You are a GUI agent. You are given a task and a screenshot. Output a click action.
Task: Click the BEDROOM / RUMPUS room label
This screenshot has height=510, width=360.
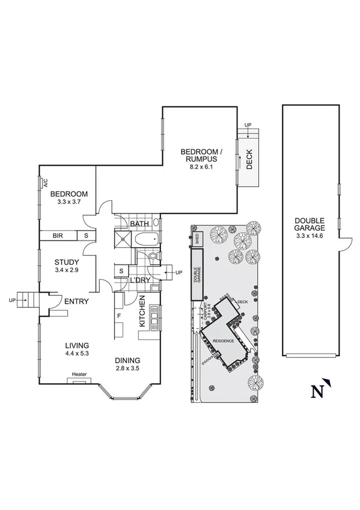[201, 155]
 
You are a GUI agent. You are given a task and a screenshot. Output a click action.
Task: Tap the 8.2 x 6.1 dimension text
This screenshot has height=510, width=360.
[201, 167]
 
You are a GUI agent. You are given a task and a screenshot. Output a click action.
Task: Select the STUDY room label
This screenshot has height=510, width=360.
[67, 262]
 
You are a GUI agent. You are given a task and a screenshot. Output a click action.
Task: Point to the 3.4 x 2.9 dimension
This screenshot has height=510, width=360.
[67, 271]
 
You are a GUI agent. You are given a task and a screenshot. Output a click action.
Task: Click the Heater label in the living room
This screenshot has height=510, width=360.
[79, 375]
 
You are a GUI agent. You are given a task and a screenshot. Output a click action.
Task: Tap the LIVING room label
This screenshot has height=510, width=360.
[78, 345]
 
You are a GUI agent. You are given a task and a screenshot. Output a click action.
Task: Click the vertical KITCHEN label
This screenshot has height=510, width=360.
[142, 311]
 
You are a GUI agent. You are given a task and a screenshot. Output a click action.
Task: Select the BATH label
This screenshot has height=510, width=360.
[139, 224]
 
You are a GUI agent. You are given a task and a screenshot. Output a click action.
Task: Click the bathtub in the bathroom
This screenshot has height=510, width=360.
[146, 240]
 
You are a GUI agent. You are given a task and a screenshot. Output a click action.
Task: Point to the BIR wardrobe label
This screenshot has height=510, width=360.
[58, 235]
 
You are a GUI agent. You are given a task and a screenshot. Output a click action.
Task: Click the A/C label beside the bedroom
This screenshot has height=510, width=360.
[45, 184]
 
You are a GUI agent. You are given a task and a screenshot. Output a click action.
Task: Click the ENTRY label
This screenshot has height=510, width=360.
[76, 301]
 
